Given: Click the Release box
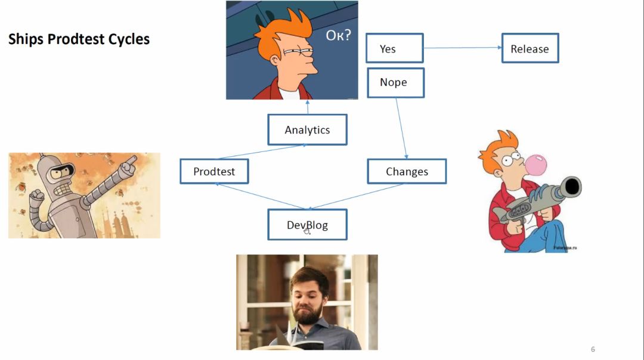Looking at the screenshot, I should [530, 49].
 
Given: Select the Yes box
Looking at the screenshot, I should [394, 49].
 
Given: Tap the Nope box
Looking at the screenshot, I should [394, 82].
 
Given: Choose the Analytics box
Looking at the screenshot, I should [307, 130].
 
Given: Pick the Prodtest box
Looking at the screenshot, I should [214, 172].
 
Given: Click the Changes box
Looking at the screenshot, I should [407, 172].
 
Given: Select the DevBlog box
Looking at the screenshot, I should [307, 225].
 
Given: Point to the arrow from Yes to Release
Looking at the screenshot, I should [462, 48].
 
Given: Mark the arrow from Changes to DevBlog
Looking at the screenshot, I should [358, 196].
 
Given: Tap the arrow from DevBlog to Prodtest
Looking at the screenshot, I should [259, 196].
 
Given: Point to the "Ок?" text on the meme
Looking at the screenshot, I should [338, 35].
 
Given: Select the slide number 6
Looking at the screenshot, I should [593, 349].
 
